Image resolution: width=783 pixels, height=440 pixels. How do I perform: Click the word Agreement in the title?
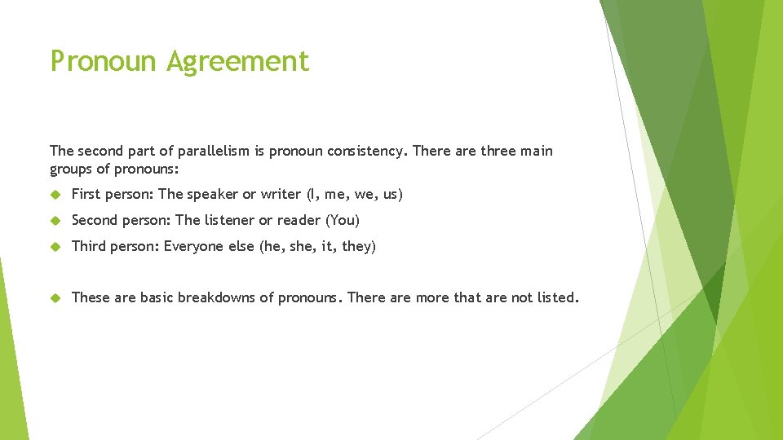pos(238,62)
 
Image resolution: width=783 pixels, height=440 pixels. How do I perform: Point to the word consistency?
pos(365,151)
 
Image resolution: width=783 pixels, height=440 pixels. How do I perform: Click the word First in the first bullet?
pos(86,194)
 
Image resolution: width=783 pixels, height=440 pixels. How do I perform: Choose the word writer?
pos(281,194)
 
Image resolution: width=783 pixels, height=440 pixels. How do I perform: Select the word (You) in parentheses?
pos(343,220)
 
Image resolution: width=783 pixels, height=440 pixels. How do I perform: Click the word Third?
pos(89,246)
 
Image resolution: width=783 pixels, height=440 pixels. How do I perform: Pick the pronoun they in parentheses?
pos(358,246)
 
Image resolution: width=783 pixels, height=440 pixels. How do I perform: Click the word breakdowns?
pos(216,297)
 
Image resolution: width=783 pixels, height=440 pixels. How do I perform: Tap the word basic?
pos(157,297)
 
